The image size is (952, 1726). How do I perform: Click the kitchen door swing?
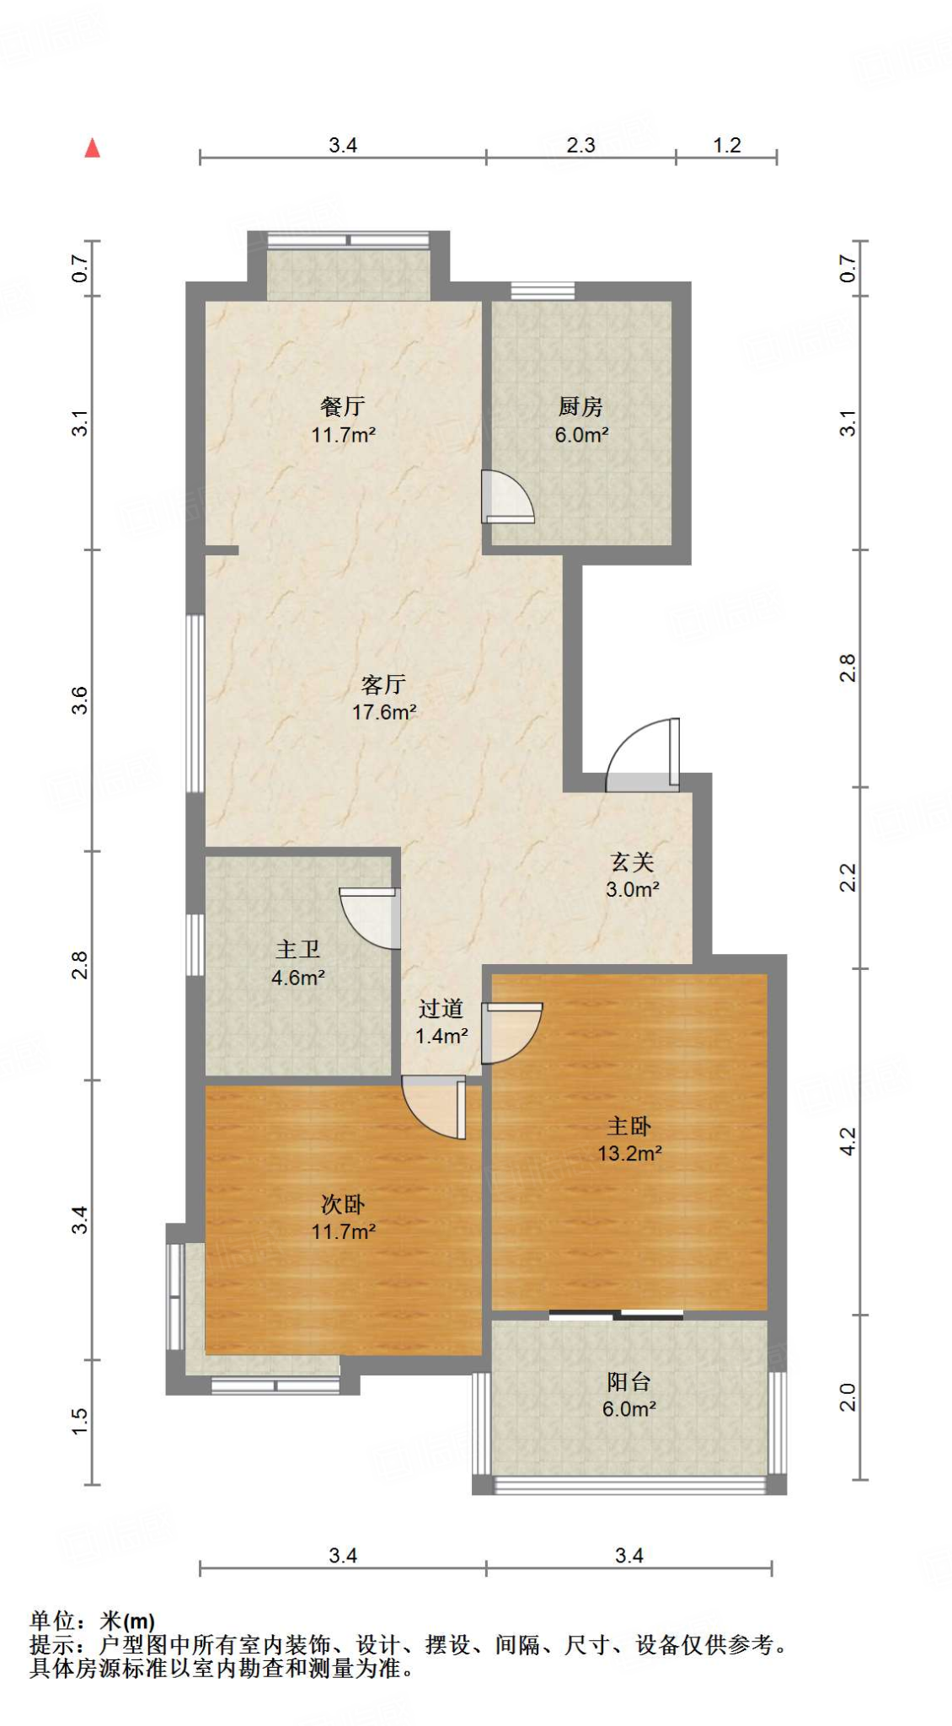pos(507,497)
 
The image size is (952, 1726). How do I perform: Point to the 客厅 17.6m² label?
pos(384,698)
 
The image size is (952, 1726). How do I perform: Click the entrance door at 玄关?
pos(642,755)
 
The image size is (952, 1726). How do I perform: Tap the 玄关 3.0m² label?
pos(632,875)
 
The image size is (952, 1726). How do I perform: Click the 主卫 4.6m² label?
pos(298,963)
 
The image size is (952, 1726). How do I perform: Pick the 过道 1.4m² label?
pos(441,1021)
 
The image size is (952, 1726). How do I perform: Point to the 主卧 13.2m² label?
pos(629,1139)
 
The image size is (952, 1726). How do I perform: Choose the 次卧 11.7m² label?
pos(343,1218)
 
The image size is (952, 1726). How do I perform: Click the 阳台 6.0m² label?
pos(628,1395)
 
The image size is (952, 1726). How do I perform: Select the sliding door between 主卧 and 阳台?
pos(616,1314)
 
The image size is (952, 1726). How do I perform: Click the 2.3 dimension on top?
pos(580,145)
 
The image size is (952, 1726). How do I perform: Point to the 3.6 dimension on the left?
pos(79,700)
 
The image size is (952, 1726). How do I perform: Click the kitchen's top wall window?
pos(543,291)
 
